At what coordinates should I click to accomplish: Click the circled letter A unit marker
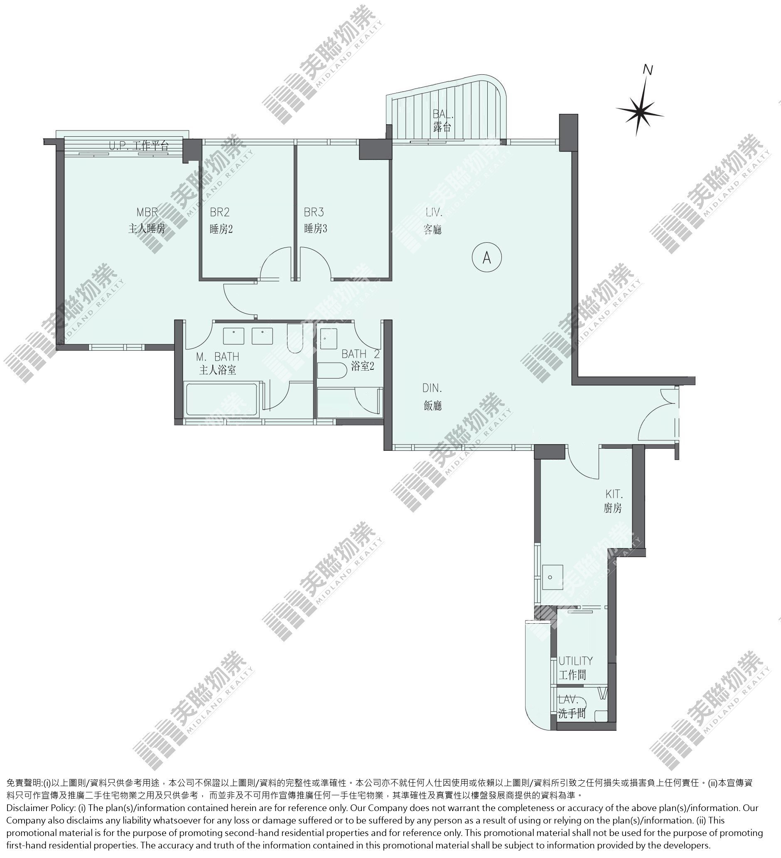(x=487, y=257)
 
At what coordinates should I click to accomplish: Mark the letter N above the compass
(x=648, y=69)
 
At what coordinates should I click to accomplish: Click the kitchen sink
(x=553, y=578)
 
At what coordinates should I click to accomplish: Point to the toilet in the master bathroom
(x=295, y=339)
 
